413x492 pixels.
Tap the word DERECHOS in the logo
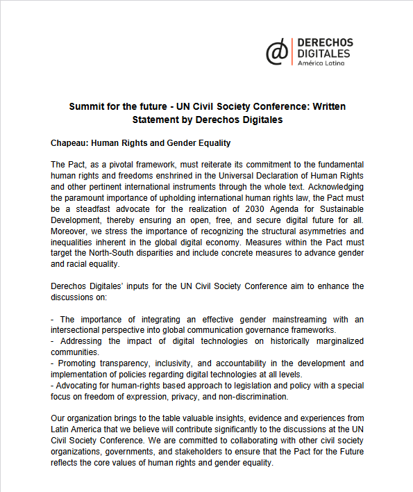tap(325, 43)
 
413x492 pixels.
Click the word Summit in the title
tap(86, 107)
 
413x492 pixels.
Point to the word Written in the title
tap(327, 107)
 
